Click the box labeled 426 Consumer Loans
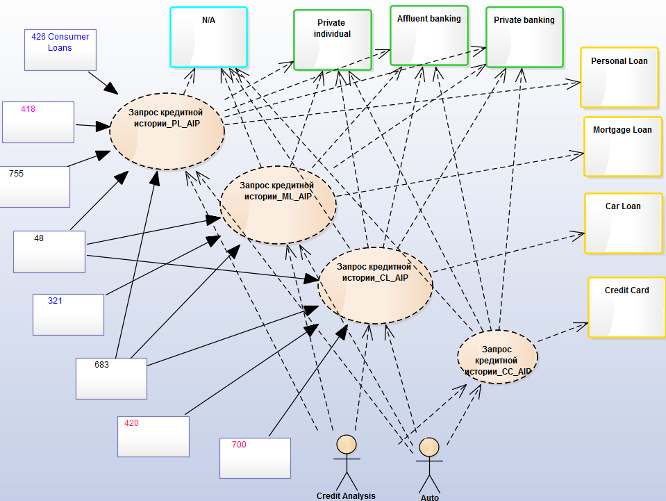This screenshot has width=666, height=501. point(60,50)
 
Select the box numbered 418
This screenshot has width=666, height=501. point(38,122)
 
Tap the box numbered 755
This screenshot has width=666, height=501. point(35,186)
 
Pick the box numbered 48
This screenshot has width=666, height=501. point(49,252)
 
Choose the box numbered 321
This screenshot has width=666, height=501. point(68,314)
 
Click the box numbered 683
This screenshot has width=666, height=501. point(111,378)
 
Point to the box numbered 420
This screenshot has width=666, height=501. point(153,436)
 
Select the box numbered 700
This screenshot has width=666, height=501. point(255,458)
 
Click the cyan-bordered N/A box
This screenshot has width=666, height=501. point(208,37)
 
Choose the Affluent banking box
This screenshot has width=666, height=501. point(428,35)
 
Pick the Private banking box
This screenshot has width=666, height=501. point(524,37)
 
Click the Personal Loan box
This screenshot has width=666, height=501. point(619,78)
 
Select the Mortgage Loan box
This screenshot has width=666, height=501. point(622,147)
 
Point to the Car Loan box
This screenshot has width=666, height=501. point(622,223)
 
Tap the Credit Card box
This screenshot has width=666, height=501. point(626,307)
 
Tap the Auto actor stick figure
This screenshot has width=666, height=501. point(429,465)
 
